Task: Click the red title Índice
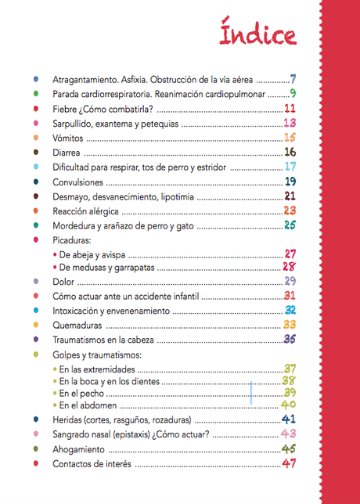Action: [x=257, y=36]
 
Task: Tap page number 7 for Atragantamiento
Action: [x=292, y=79]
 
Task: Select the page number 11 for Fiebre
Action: [x=290, y=109]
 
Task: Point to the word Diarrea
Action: [x=67, y=153]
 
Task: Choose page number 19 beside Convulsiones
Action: [x=290, y=182]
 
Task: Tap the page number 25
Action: [x=290, y=226]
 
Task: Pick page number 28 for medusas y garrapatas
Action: [x=289, y=267]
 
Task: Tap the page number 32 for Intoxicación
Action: [x=290, y=311]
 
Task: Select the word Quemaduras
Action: [x=77, y=325]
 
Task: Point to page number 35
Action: [x=290, y=340]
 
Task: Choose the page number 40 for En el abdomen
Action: [x=289, y=405]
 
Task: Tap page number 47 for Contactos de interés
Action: [x=290, y=464]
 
